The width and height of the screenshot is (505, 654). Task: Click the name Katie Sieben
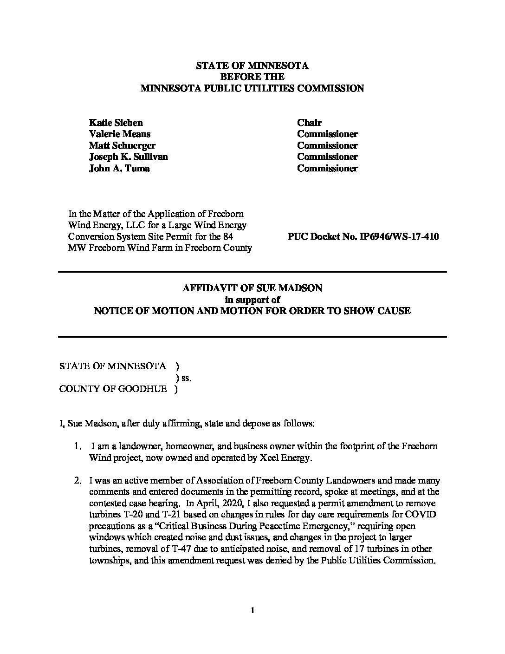pyautogui.click(x=116, y=123)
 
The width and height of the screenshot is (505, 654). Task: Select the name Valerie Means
pyautogui.click(x=119, y=134)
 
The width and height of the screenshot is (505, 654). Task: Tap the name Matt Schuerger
pyautogui.click(x=122, y=146)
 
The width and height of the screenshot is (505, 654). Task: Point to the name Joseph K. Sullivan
pyautogui.click(x=128, y=157)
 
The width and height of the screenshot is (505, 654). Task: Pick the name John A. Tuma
pyautogui.click(x=119, y=169)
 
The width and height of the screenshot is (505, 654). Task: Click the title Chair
pyautogui.click(x=309, y=123)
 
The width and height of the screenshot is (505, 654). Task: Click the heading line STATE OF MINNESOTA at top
pyautogui.click(x=252, y=65)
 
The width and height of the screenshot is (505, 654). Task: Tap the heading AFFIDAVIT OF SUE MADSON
pyautogui.click(x=252, y=288)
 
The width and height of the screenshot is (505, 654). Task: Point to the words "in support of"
pyautogui.click(x=252, y=300)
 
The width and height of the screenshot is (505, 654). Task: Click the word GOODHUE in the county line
pyautogui.click(x=145, y=389)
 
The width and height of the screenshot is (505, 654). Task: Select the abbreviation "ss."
pyautogui.click(x=186, y=378)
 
